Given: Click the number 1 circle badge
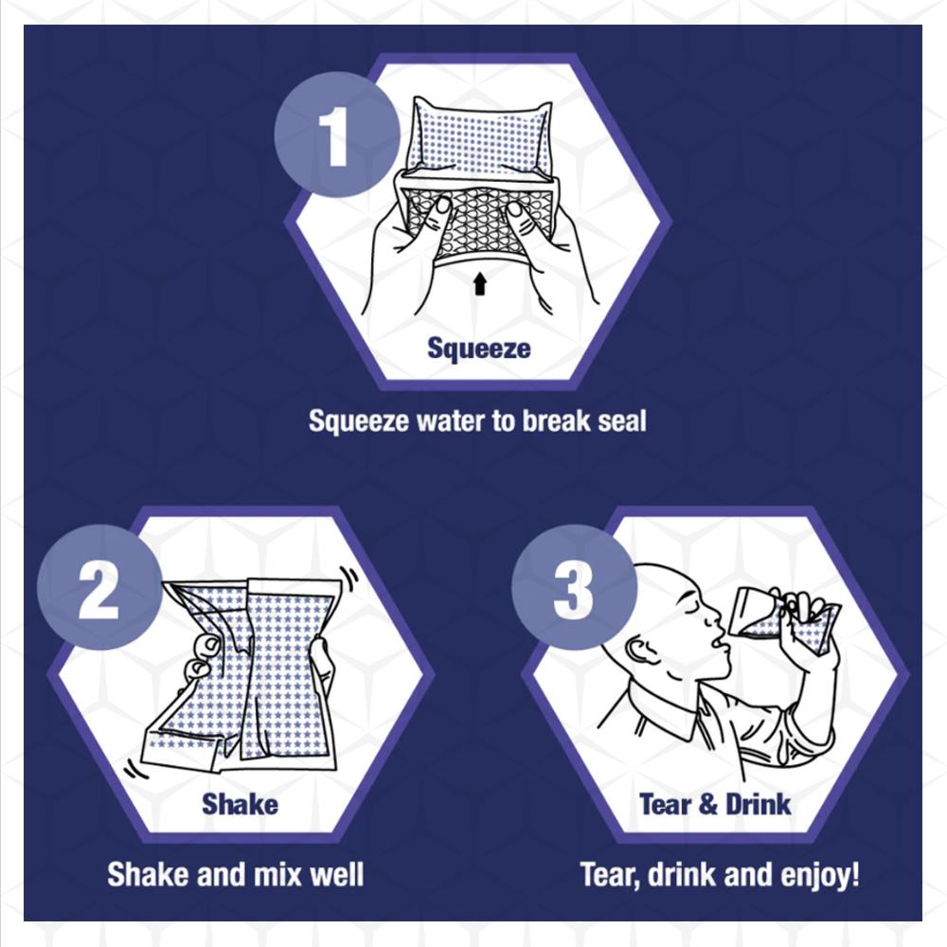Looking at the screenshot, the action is click(336, 134).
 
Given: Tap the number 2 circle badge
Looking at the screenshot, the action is click(99, 587).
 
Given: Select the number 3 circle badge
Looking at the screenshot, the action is click(574, 587).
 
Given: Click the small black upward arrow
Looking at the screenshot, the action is click(480, 283).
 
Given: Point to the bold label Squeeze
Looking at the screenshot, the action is click(479, 348).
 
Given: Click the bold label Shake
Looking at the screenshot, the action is click(240, 804).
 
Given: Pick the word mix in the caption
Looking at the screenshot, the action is click(278, 874).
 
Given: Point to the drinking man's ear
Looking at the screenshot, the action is click(639, 652).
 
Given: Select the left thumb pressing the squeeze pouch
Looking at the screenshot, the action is click(438, 211).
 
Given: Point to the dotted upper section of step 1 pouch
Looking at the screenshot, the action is click(480, 140).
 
